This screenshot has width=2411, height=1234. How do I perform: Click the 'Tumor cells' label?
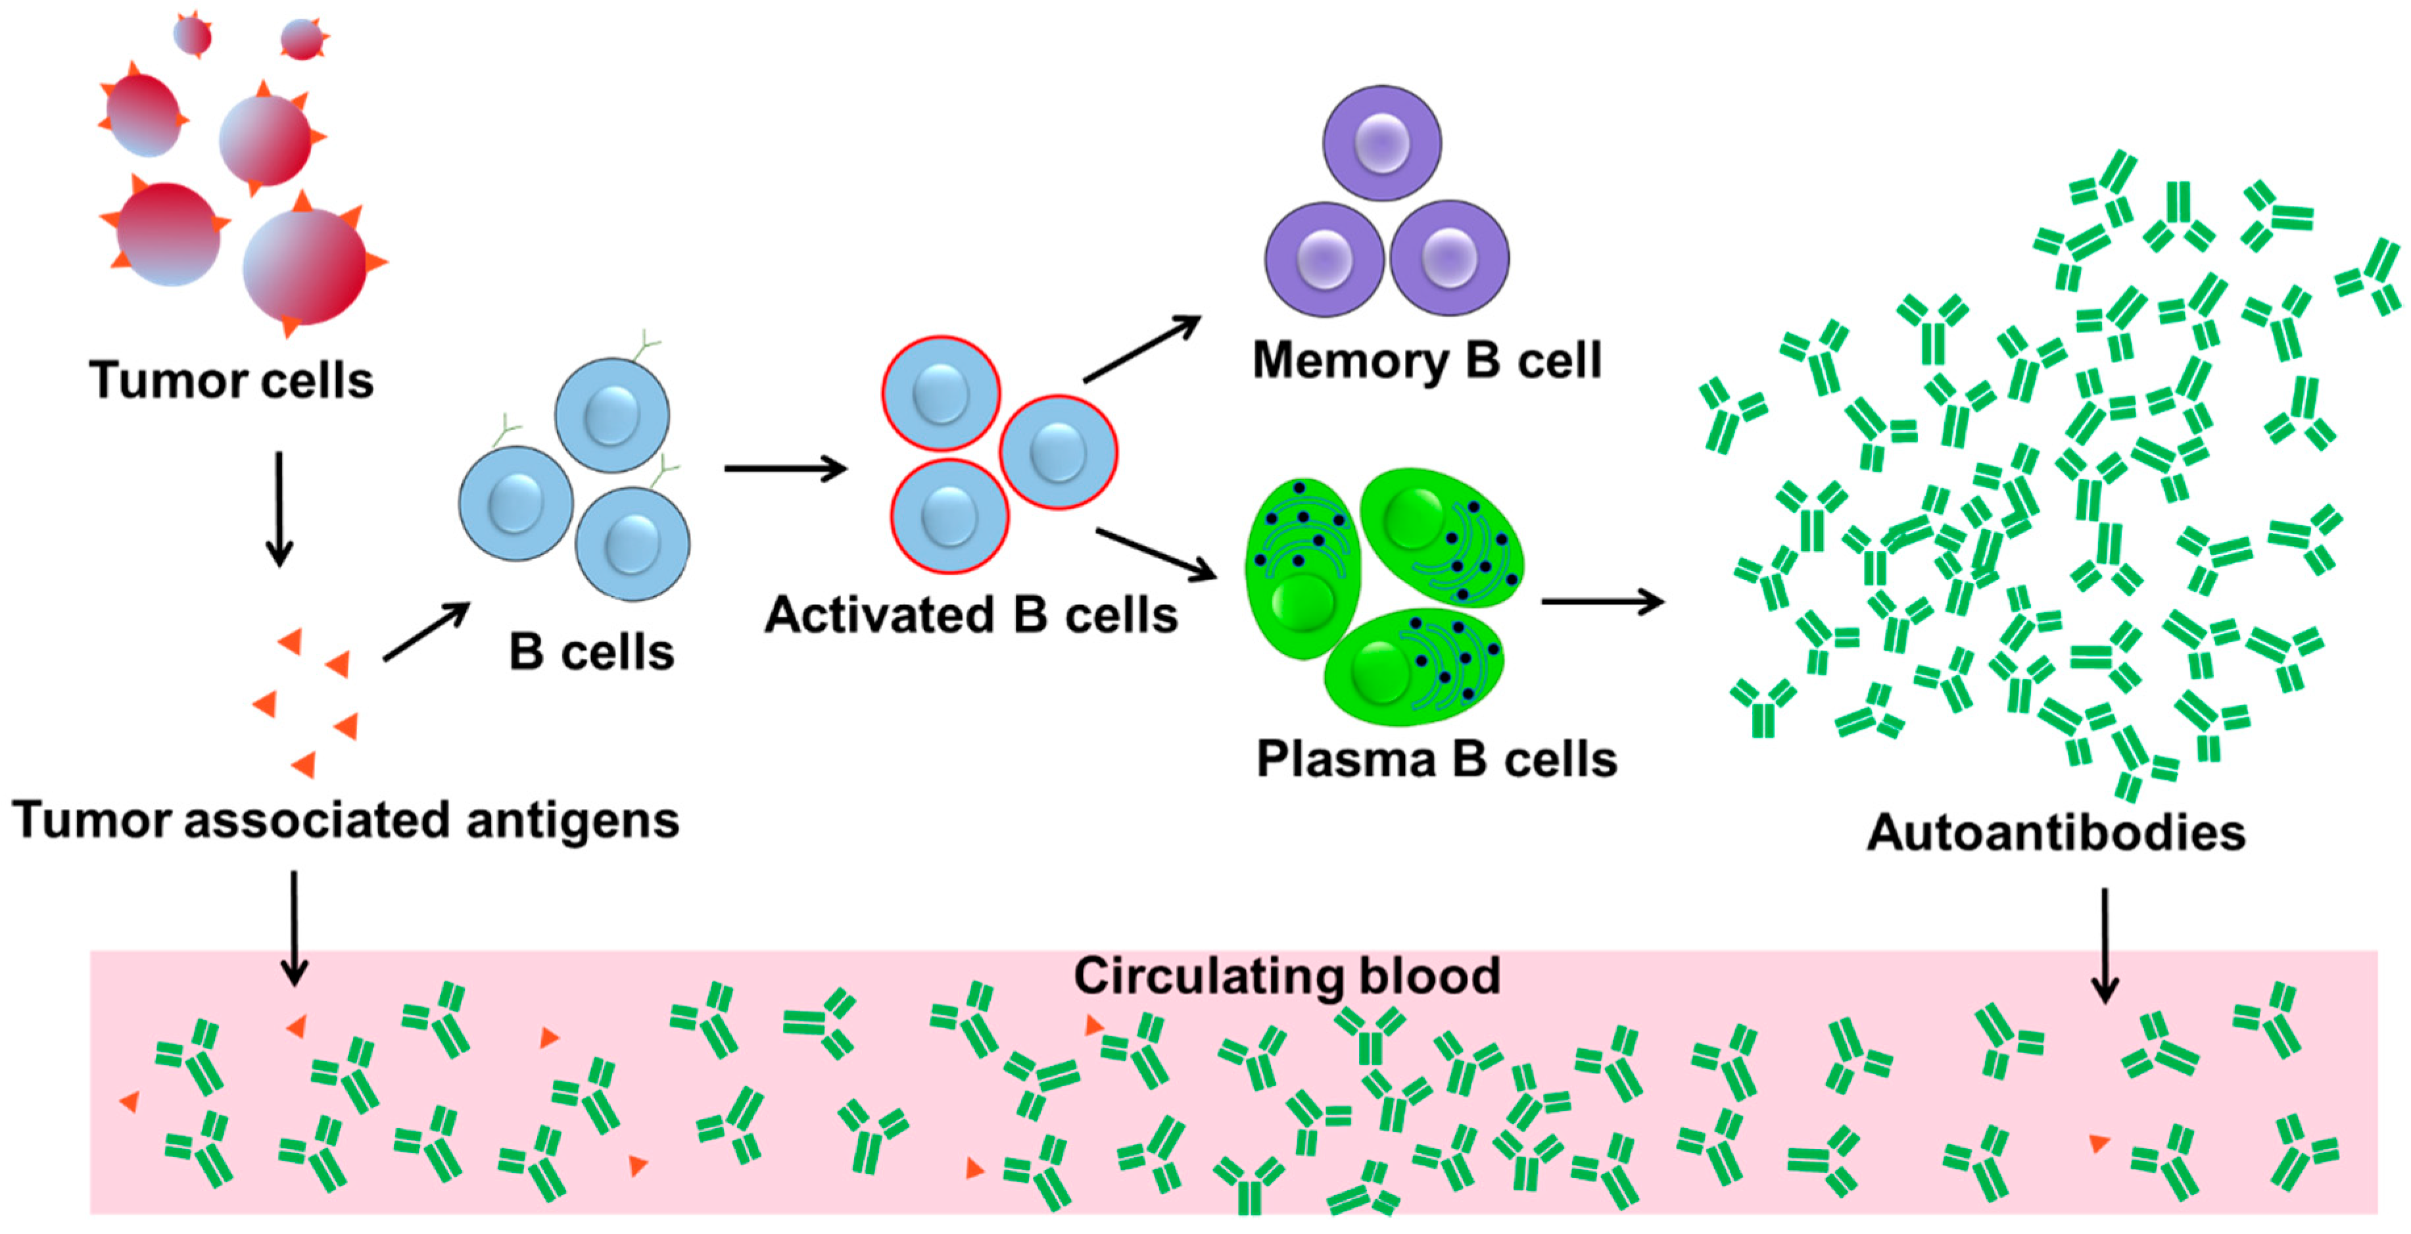[231, 380]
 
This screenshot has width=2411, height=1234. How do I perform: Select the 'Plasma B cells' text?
[1436, 758]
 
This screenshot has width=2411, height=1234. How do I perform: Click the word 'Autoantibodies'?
[2055, 831]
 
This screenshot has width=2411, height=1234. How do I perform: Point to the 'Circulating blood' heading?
[1286, 975]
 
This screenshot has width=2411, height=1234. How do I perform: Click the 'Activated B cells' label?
[970, 615]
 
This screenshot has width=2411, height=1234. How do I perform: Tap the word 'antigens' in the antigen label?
[572, 820]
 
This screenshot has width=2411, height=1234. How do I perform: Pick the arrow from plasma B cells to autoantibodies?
[1602, 601]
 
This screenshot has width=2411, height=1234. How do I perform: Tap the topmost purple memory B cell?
[1381, 143]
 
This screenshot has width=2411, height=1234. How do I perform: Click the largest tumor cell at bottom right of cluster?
[304, 267]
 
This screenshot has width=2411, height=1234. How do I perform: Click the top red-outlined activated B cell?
[941, 393]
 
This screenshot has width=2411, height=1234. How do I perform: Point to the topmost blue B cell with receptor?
[612, 415]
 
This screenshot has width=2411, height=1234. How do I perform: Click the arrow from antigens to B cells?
[426, 632]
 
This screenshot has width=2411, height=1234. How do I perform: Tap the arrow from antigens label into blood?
[294, 927]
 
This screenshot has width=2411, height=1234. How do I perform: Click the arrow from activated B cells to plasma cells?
[1156, 553]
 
